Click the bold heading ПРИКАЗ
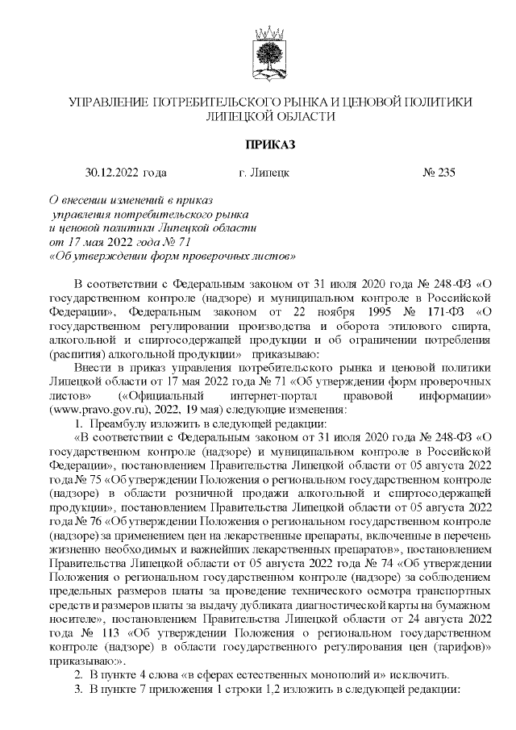pyautogui.click(x=265, y=144)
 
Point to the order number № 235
pyautogui.click(x=439, y=172)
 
